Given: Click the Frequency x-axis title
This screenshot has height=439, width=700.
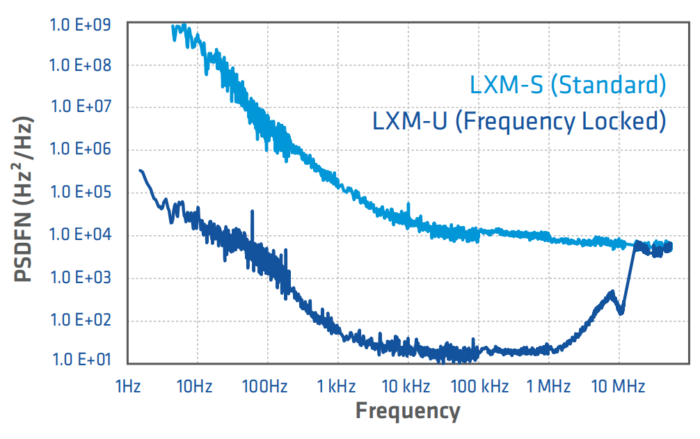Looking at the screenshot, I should tap(408, 411).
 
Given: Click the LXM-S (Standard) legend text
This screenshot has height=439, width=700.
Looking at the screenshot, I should tap(568, 86).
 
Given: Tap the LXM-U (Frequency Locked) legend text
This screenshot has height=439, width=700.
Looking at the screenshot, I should tap(519, 121).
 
